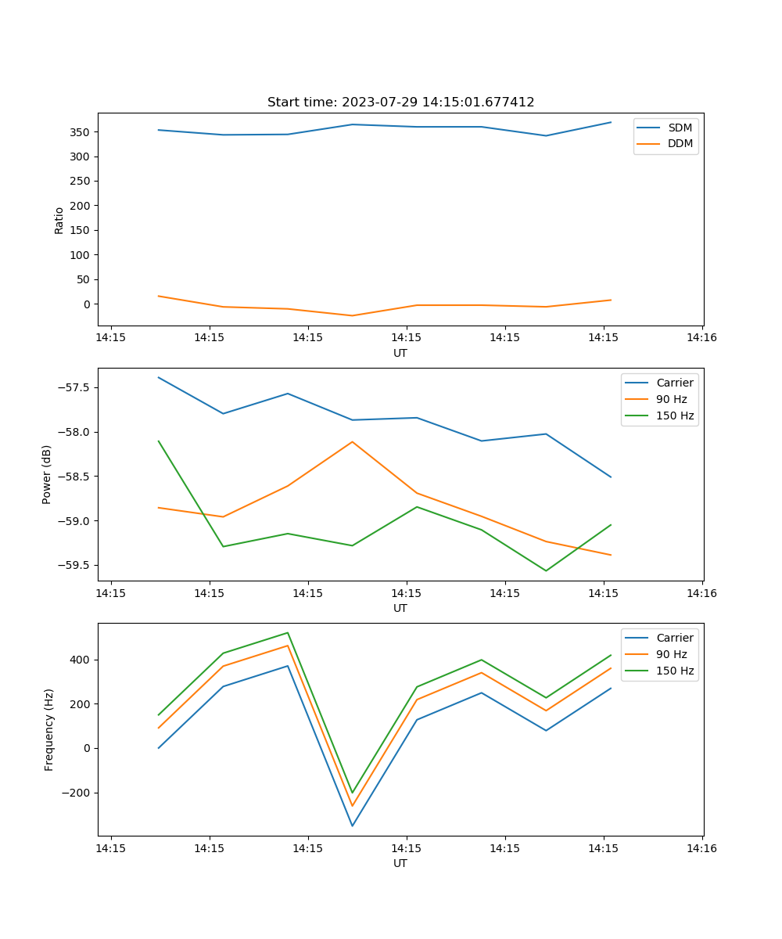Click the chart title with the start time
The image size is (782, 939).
pos(400,103)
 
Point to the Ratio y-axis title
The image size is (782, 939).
pos(59,220)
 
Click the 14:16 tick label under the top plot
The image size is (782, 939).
pos(701,338)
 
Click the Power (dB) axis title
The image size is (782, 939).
pos(47,474)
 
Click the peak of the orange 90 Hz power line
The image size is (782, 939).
pos(352,441)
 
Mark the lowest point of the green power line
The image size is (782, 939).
pos(546,570)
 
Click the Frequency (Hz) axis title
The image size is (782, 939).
pos(49,729)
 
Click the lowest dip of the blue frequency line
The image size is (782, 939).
pos(352,826)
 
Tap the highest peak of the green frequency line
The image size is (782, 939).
pos(288,632)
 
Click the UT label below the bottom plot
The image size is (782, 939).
pos(400,863)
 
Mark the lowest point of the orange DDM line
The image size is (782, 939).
pos(352,315)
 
